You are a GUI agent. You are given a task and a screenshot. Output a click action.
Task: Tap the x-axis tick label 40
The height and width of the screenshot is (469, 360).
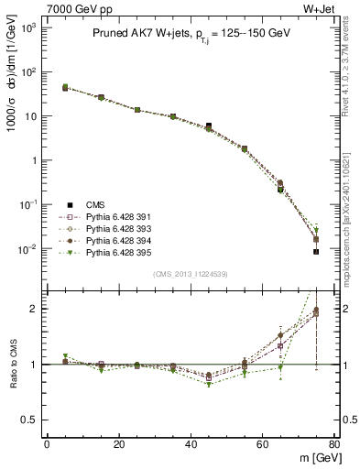coord(190,444)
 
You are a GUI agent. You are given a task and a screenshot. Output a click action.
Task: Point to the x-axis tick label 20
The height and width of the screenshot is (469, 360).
coord(118,444)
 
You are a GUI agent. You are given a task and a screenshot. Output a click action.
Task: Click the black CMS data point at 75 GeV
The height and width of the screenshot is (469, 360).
coord(316,251)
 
